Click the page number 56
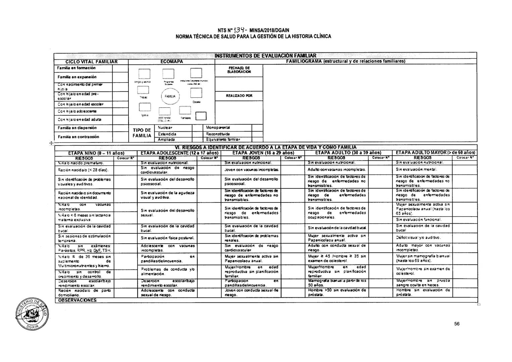click(457, 324)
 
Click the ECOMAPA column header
click(171, 62)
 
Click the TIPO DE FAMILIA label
click(142, 133)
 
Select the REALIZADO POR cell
click(239, 96)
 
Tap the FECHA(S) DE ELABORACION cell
click(239, 69)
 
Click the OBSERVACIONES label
click(78, 300)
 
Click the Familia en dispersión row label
click(77, 128)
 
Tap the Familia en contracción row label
click(79, 137)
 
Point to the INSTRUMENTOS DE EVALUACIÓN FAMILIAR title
click(265, 56)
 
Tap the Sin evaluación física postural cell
click(163, 238)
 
